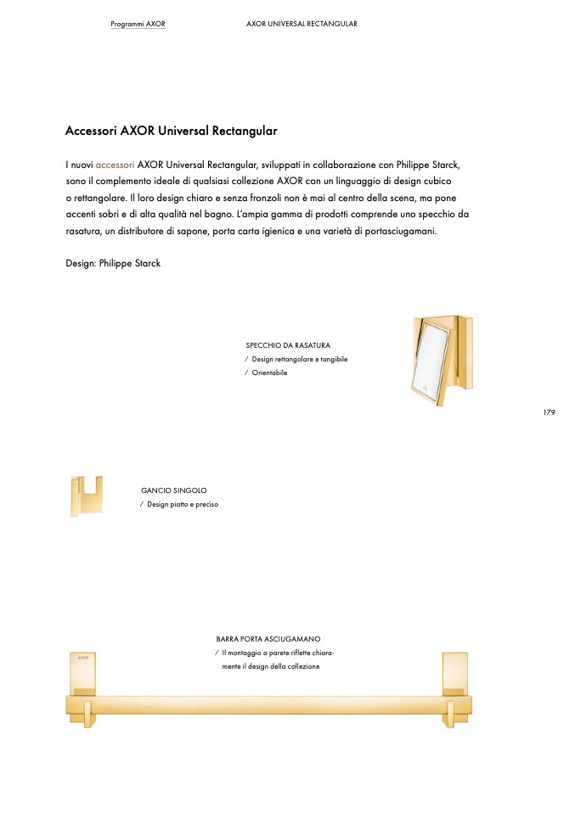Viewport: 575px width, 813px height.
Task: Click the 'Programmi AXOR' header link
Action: [138, 24]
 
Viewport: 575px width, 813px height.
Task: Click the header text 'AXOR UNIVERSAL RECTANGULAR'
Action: [302, 24]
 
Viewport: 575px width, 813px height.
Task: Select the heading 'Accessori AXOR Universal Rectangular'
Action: [172, 132]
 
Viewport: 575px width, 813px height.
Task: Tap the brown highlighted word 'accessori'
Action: [115, 164]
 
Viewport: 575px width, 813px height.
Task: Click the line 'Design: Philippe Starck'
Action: [113, 263]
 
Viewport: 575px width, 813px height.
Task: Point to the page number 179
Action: [549, 412]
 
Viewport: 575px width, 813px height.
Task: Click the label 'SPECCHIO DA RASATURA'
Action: [288, 345]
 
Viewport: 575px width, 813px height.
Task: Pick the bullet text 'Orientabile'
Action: [269, 373]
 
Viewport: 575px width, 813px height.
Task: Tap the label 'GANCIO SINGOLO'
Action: [173, 491]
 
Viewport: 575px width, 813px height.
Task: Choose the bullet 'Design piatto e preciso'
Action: [183, 504]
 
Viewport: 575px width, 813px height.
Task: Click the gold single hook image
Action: [87, 496]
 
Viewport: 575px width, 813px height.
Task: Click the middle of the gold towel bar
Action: [269, 705]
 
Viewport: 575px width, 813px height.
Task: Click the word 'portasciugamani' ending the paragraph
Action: [397, 231]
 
